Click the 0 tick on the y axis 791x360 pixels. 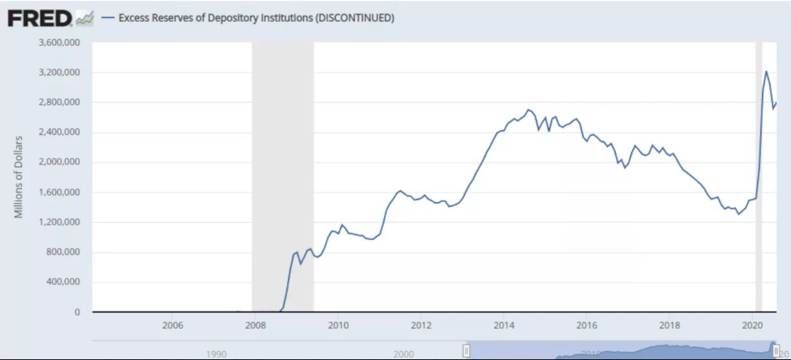coord(77,312)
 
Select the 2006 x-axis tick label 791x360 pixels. coord(172,326)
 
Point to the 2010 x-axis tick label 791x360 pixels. coord(338,326)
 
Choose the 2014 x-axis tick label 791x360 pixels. coord(504,326)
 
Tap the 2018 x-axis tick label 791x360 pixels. coord(670,326)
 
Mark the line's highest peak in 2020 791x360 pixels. coord(766,72)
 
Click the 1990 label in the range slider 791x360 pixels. coord(216,352)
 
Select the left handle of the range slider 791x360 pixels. coord(466,349)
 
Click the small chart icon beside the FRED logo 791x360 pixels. coord(86,17)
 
